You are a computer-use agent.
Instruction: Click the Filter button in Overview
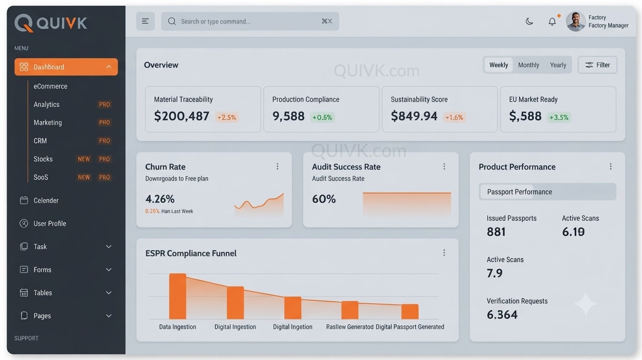(x=597, y=65)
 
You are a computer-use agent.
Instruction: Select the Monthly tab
(x=529, y=65)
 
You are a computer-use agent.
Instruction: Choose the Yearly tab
(x=558, y=65)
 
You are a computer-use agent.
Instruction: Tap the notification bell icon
(x=552, y=22)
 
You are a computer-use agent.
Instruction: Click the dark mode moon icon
(x=529, y=22)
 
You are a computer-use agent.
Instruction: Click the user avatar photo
(x=575, y=22)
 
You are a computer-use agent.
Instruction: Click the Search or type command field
(x=250, y=21)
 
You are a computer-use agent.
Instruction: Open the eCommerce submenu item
(x=51, y=86)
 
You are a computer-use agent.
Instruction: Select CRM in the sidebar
(x=40, y=141)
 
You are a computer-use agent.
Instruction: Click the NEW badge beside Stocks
(x=83, y=159)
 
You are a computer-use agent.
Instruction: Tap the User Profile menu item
(x=50, y=224)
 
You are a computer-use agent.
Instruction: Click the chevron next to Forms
(x=109, y=270)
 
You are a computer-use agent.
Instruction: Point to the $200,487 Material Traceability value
(x=181, y=116)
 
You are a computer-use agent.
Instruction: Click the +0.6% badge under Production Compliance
(x=322, y=117)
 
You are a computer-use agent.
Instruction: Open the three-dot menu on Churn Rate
(x=278, y=166)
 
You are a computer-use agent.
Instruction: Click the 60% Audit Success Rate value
(x=324, y=199)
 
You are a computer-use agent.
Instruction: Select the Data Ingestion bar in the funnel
(x=177, y=296)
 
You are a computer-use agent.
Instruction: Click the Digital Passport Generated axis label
(x=410, y=327)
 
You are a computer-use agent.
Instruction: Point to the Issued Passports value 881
(x=496, y=232)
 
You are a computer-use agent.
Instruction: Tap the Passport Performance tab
(x=519, y=192)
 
